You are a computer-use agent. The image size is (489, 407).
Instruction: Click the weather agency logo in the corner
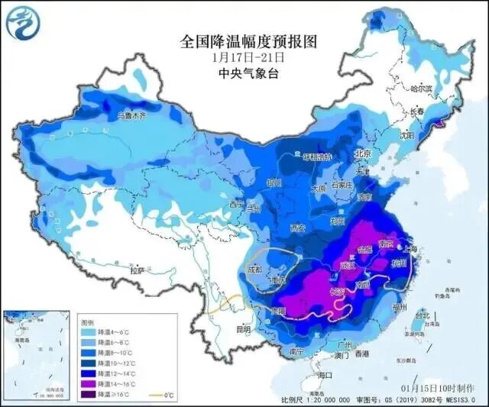[x=22, y=22]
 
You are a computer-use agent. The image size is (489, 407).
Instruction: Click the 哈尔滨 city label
[x=421, y=89]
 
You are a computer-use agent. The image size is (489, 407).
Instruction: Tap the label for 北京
[x=362, y=153]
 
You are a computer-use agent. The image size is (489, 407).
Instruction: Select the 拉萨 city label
[x=138, y=270]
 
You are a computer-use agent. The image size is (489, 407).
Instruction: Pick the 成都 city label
[x=254, y=270]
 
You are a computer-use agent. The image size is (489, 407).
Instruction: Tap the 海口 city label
[x=324, y=375]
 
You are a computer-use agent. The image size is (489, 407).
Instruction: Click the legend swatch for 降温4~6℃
[x=89, y=333]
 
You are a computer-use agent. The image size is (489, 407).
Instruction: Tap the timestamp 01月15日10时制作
[x=448, y=386]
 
